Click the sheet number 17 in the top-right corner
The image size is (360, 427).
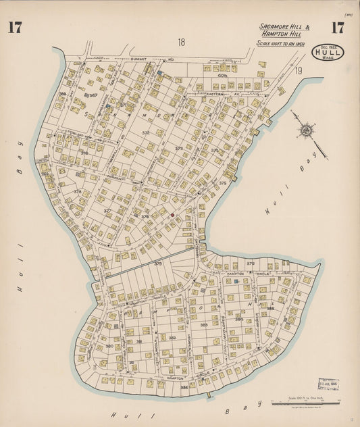point(338,28)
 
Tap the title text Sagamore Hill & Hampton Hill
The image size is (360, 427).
point(284,30)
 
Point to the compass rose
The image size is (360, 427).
point(306,129)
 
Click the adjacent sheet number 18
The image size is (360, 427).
point(181,43)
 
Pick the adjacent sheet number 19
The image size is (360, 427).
point(298,70)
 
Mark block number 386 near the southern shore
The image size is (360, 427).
point(184,387)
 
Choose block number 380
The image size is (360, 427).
point(109,346)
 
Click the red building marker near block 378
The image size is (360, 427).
point(172,215)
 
